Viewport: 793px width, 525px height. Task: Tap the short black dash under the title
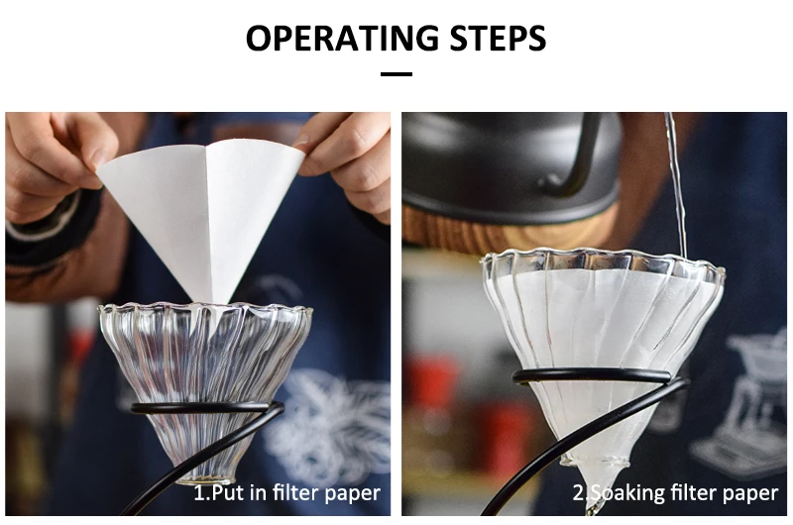[396, 74]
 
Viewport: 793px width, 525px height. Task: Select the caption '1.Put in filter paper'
[286, 492]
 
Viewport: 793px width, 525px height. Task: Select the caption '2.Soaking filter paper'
[675, 492]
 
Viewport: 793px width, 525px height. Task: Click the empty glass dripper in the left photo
[203, 357]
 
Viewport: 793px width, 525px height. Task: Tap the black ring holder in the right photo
[595, 376]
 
